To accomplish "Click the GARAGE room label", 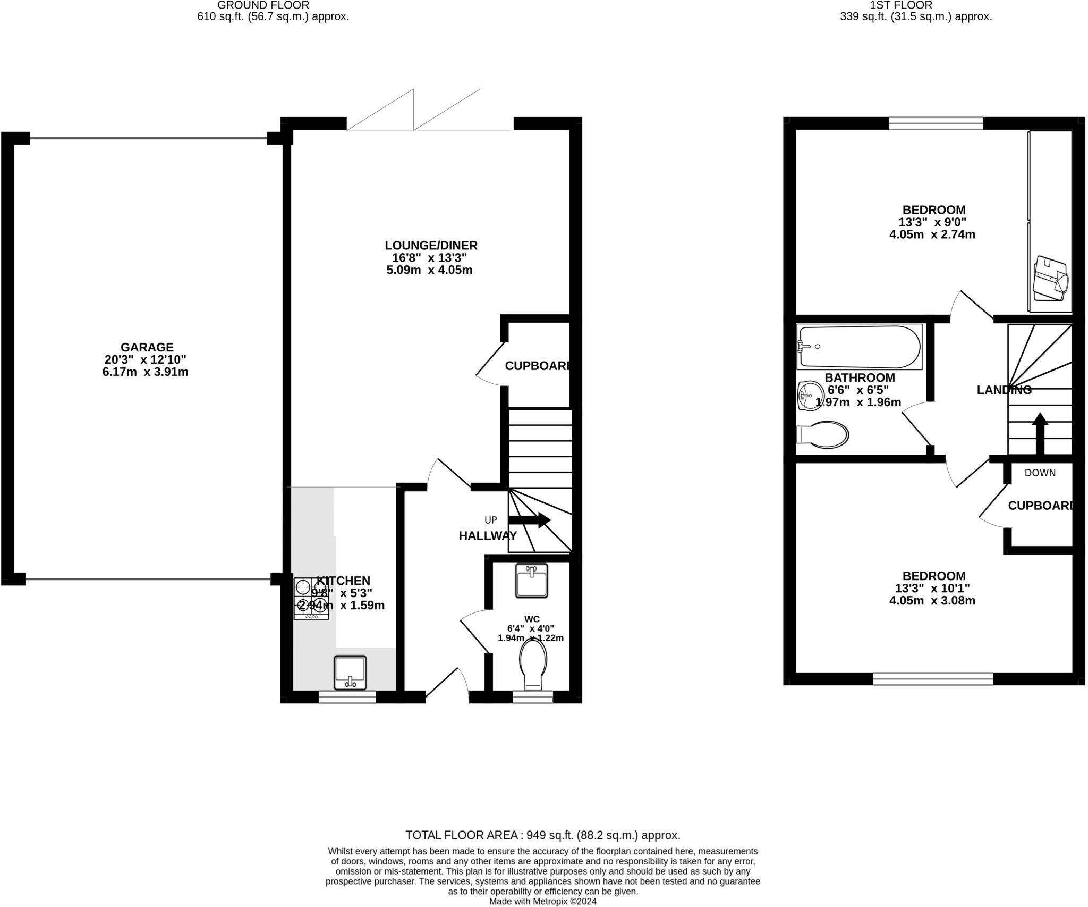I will (x=147, y=348).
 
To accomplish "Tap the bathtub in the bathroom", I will (x=860, y=347).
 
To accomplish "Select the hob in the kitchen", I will (x=311, y=598).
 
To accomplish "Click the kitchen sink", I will (x=350, y=673).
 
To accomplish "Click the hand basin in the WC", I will (x=531, y=580).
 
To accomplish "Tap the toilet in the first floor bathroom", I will (x=823, y=435).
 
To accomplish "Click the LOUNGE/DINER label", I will (x=431, y=246).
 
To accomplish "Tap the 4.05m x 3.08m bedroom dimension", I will (x=932, y=601).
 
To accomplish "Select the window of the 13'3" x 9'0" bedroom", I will (x=936, y=124).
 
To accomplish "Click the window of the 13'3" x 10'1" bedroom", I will (x=933, y=679).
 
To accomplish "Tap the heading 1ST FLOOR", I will (x=916, y=5).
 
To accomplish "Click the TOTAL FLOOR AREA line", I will (x=542, y=835).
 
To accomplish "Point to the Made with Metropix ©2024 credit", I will (x=542, y=901).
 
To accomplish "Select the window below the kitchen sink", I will (x=347, y=696).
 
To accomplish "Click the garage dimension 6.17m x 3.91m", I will (x=145, y=372).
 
